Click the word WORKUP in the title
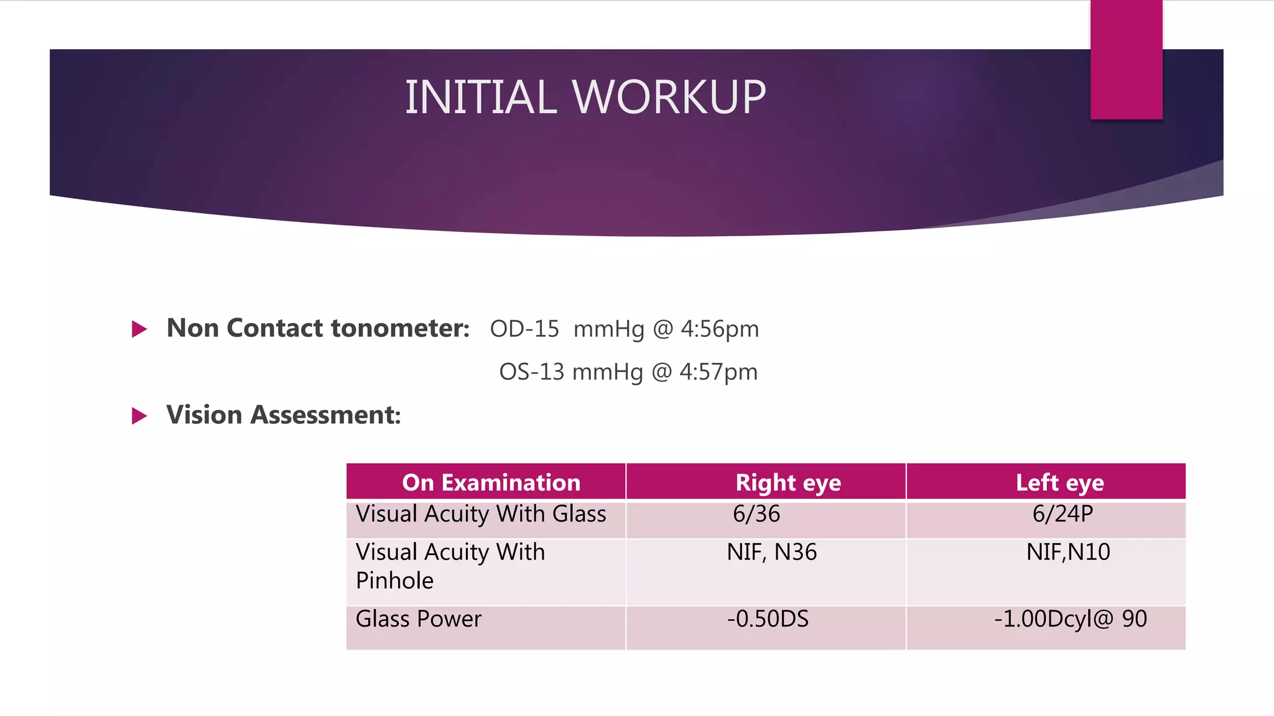click(x=669, y=98)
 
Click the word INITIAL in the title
click(x=481, y=98)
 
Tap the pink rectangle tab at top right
click(x=1126, y=60)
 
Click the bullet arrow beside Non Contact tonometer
click(x=139, y=329)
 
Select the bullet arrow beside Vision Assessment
click(x=139, y=416)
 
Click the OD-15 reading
click(x=524, y=329)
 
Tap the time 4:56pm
click(x=720, y=329)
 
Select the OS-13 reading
click(x=532, y=372)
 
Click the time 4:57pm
click(x=718, y=372)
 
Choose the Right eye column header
click(x=788, y=482)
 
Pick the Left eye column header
click(x=1060, y=482)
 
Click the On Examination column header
click(x=491, y=482)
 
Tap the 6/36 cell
click(x=756, y=514)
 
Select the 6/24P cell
click(x=1062, y=514)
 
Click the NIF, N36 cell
click(x=771, y=552)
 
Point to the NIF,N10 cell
click(x=1068, y=552)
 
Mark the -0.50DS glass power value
click(x=768, y=619)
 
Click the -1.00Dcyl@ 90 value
click(x=1070, y=619)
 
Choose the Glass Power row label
click(x=419, y=619)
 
